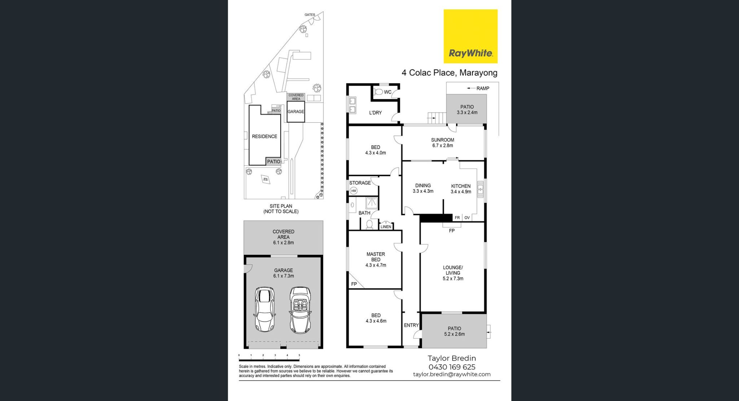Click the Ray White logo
click(x=470, y=36)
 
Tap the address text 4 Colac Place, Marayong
click(x=449, y=73)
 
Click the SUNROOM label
click(x=442, y=140)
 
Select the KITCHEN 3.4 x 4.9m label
click(x=461, y=189)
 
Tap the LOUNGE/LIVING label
click(x=453, y=273)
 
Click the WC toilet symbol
click(x=378, y=92)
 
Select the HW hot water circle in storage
click(x=354, y=191)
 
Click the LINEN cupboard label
click(x=386, y=227)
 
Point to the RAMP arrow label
click(x=478, y=88)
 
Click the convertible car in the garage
click(x=300, y=310)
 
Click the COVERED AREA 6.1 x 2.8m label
click(x=283, y=237)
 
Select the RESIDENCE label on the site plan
click(x=264, y=136)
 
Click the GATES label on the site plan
click(x=310, y=15)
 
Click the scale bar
click(x=269, y=359)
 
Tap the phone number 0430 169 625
click(x=452, y=367)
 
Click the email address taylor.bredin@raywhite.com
click(x=452, y=374)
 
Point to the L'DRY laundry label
click(x=375, y=113)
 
